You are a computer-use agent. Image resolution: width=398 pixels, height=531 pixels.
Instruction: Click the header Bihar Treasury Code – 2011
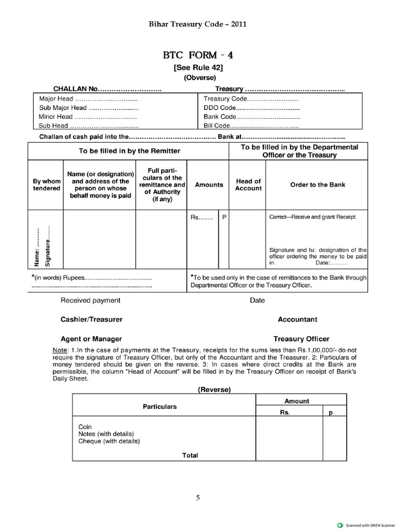pos(198,24)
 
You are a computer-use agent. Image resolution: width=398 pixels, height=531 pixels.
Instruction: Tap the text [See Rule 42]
pos(198,67)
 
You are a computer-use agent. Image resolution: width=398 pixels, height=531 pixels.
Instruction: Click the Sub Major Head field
pos(89,108)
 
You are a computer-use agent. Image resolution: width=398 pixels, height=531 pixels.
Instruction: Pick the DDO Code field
pos(251,108)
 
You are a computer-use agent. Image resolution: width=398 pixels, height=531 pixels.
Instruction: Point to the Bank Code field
pos(251,117)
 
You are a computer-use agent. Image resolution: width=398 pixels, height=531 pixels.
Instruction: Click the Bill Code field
pos(251,125)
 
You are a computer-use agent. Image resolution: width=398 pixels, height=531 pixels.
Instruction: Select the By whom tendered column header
pos(46,185)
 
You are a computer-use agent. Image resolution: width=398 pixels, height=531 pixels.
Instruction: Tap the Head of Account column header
pos(248,185)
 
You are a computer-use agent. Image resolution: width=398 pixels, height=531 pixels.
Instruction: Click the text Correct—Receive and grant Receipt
pos(313,217)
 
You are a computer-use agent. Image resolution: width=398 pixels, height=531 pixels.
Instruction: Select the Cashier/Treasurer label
pos(92,319)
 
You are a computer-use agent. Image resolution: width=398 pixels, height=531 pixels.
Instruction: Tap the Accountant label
pos(297,319)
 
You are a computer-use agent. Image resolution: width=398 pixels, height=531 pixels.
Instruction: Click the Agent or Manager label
pos(91,339)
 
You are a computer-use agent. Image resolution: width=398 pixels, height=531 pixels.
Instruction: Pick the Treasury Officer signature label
pos(302,339)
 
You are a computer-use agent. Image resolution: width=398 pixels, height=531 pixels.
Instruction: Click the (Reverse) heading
pos(214,389)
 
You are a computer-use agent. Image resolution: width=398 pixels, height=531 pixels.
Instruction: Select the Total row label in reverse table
pos(190,455)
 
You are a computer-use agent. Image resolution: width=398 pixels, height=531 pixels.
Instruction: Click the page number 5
pos(197,498)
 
